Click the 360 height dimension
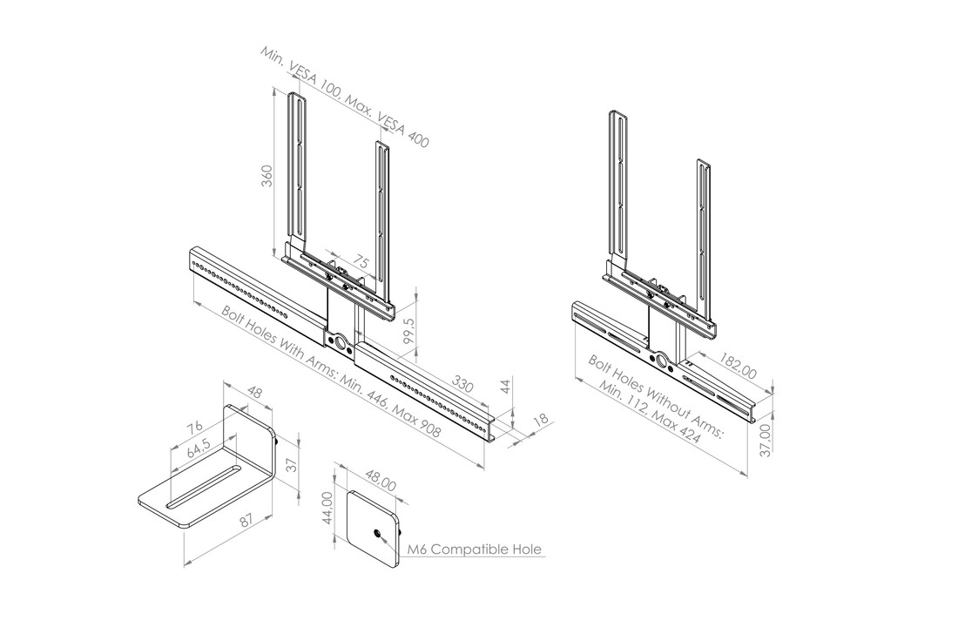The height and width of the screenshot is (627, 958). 268,175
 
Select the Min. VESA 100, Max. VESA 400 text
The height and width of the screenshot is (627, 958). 344,95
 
